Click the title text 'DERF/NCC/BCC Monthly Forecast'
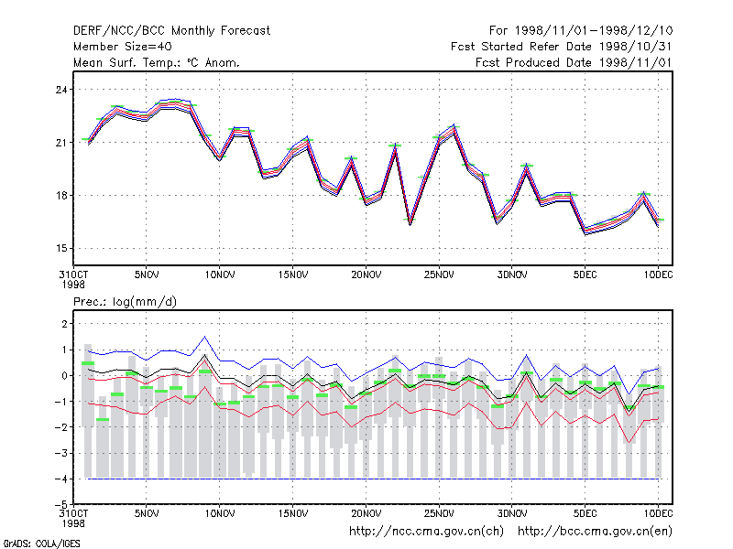coord(171,31)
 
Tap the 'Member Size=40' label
coord(123,47)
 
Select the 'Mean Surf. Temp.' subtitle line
coord(156,62)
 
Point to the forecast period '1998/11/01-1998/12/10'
coord(594,31)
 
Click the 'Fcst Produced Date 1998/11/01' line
coord(574,62)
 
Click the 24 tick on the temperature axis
coord(61,90)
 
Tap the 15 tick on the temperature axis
coord(61,248)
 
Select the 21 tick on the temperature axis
coord(61,143)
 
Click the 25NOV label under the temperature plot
coord(439,275)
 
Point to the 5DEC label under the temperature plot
coord(585,275)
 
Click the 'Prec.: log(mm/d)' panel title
coord(125,302)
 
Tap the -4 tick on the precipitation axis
coord(60,479)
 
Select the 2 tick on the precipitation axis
coord(64,324)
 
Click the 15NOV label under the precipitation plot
coord(293,513)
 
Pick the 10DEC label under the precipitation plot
coord(658,513)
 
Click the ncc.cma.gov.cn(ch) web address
coord(426,532)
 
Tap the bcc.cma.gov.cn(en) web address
coord(595,532)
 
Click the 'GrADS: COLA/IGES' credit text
coord(41,544)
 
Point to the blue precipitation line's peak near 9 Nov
coord(204,336)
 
